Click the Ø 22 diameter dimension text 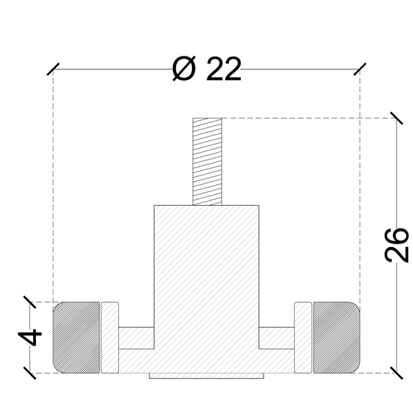pos(206,69)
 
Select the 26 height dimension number pos(396,245)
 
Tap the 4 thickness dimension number pos(30,337)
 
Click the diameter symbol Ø pos(184,68)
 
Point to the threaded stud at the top pos(207,162)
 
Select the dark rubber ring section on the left pos(76,337)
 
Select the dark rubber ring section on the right pos(337,337)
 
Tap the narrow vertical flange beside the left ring pos(110,337)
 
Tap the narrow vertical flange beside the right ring pos(303,337)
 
